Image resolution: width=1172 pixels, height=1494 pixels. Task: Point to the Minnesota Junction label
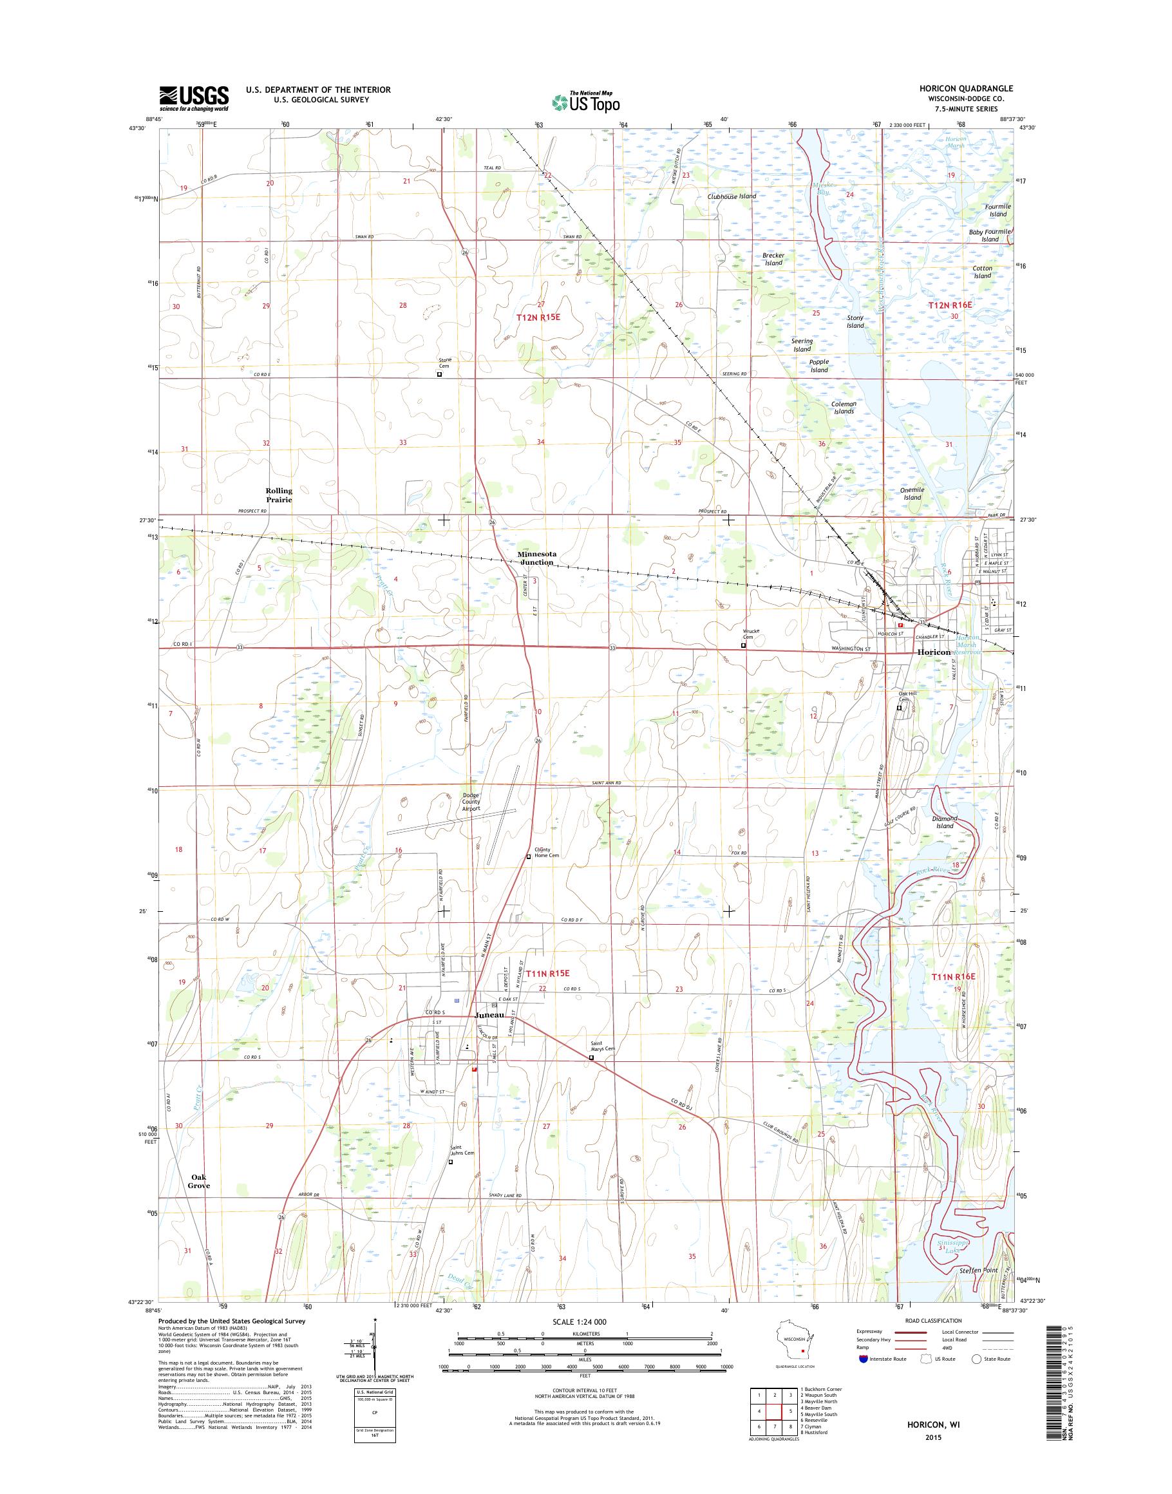536,558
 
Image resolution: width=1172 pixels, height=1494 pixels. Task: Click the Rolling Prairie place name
279,495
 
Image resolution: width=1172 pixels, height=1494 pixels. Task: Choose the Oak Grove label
200,1181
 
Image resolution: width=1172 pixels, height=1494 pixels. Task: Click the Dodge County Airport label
471,802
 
